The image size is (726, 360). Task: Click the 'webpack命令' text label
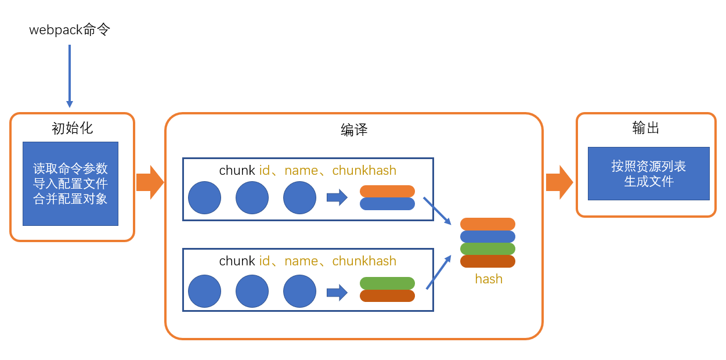point(70,30)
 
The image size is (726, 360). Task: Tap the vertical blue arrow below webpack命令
point(70,75)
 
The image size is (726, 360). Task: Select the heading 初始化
point(72,128)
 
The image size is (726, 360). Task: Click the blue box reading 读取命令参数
point(70,183)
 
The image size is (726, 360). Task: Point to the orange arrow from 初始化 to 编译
point(150,182)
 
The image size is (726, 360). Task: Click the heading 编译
point(354,129)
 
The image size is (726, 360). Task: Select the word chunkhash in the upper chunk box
point(364,171)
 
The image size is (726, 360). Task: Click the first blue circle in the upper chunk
point(204,197)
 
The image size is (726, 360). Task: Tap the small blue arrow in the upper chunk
point(337,197)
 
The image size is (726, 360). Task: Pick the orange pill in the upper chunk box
point(387,191)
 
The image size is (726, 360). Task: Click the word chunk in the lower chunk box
point(237,261)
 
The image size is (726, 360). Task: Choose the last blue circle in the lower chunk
point(299,291)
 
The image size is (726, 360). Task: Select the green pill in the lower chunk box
point(387,283)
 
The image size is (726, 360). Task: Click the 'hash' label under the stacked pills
point(489,279)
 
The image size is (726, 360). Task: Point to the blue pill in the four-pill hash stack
point(487,236)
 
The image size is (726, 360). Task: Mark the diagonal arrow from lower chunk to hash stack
point(439,272)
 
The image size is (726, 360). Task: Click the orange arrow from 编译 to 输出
point(559,182)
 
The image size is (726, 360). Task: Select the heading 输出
point(646,128)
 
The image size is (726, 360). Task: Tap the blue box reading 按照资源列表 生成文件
point(648,174)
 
